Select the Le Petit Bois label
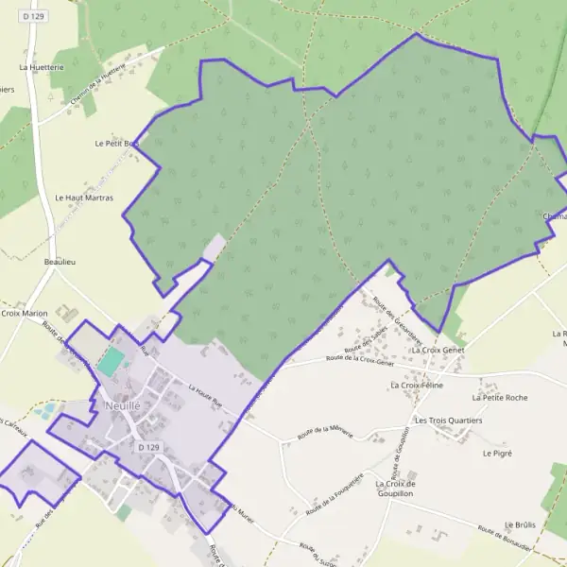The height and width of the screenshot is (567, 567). (x=116, y=144)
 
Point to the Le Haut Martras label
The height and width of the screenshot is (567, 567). (x=84, y=198)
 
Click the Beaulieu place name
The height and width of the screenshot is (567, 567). (x=60, y=261)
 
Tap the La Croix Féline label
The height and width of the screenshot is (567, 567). (x=417, y=386)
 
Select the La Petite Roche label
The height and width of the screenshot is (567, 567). (x=505, y=398)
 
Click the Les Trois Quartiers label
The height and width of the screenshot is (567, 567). (x=448, y=420)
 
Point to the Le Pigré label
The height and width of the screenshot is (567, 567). (x=496, y=454)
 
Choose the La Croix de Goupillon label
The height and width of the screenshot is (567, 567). (x=396, y=489)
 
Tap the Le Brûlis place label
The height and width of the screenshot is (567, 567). (x=520, y=524)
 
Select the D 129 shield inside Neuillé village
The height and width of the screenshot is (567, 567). (x=146, y=446)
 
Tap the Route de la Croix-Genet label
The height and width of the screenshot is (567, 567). (x=359, y=359)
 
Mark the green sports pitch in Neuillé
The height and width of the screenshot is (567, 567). (x=112, y=360)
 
